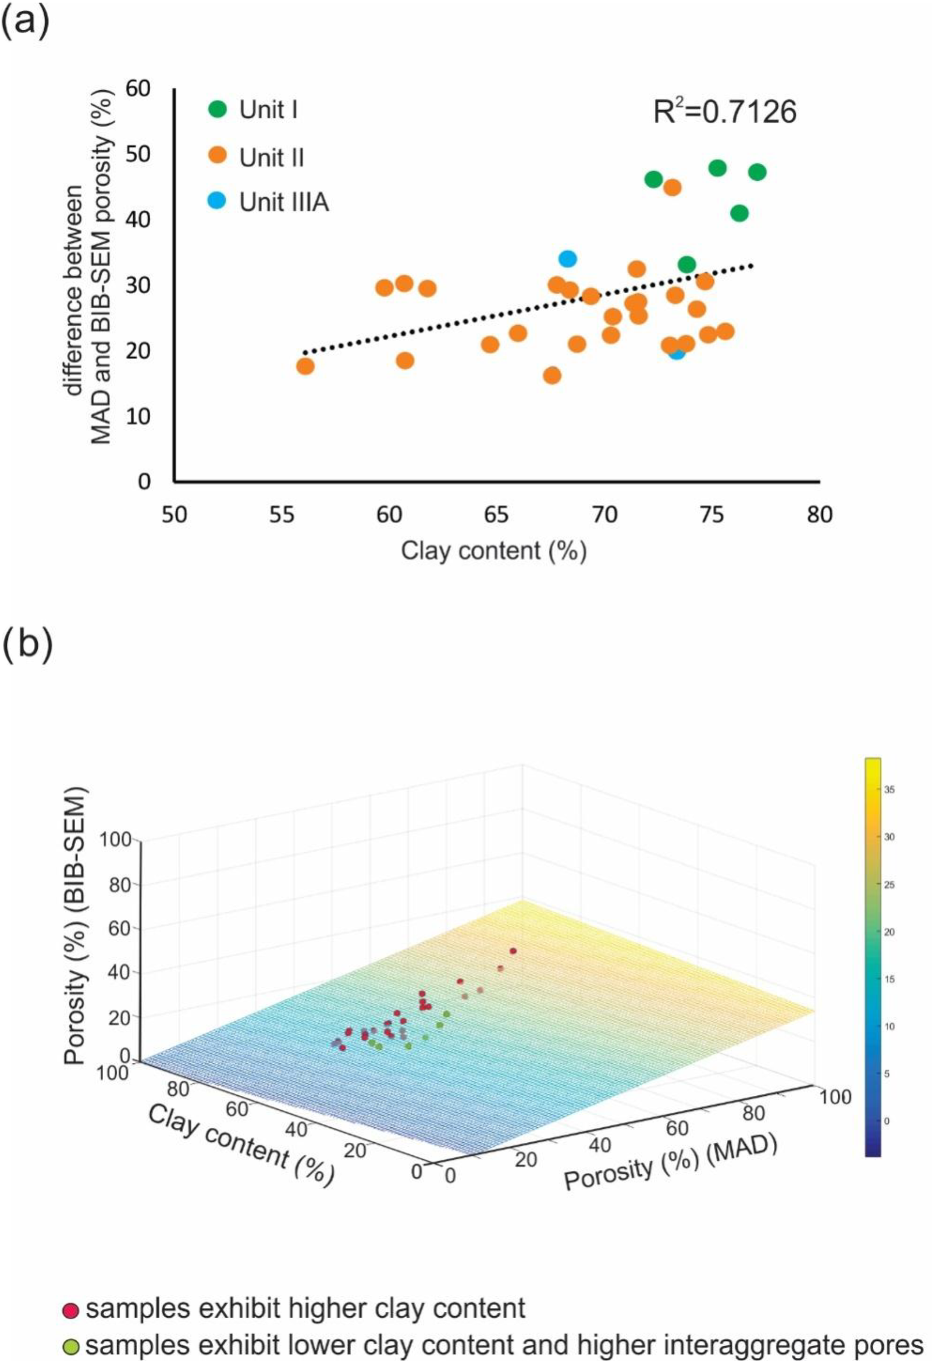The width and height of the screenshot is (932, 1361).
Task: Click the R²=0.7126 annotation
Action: [724, 111]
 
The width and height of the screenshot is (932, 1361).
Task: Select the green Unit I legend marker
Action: [218, 109]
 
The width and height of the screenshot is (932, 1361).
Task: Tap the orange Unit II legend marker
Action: [218, 157]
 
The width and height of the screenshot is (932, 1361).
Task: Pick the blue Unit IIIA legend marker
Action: [218, 203]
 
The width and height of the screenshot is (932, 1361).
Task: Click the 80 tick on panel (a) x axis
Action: [818, 514]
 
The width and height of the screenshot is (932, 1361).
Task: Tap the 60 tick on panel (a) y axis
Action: [139, 89]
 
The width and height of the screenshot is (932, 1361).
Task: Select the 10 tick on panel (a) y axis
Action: [139, 416]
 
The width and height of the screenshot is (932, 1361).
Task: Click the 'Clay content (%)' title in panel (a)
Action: [494, 551]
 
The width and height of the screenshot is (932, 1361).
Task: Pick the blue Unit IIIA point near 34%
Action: [567, 258]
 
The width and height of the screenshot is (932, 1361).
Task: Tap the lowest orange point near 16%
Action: [552, 375]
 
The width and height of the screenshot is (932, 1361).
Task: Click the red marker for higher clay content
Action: [70, 1308]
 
